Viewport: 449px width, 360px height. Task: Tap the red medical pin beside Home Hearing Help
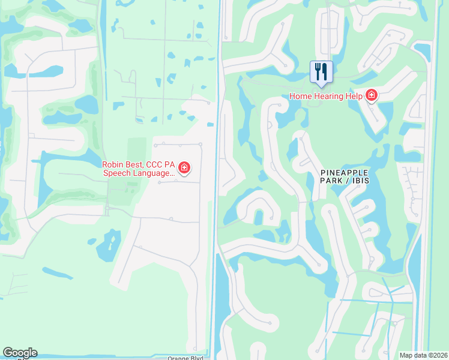pos(372,95)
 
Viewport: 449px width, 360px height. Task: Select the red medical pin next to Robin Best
pos(184,168)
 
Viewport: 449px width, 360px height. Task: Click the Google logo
pos(20,353)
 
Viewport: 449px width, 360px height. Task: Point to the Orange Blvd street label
pos(185,358)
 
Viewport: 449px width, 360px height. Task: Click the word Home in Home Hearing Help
pos(301,96)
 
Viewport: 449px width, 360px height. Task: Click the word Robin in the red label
pos(113,164)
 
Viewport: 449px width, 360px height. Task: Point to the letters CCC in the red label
pos(158,164)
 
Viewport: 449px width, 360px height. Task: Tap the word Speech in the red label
pos(116,173)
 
